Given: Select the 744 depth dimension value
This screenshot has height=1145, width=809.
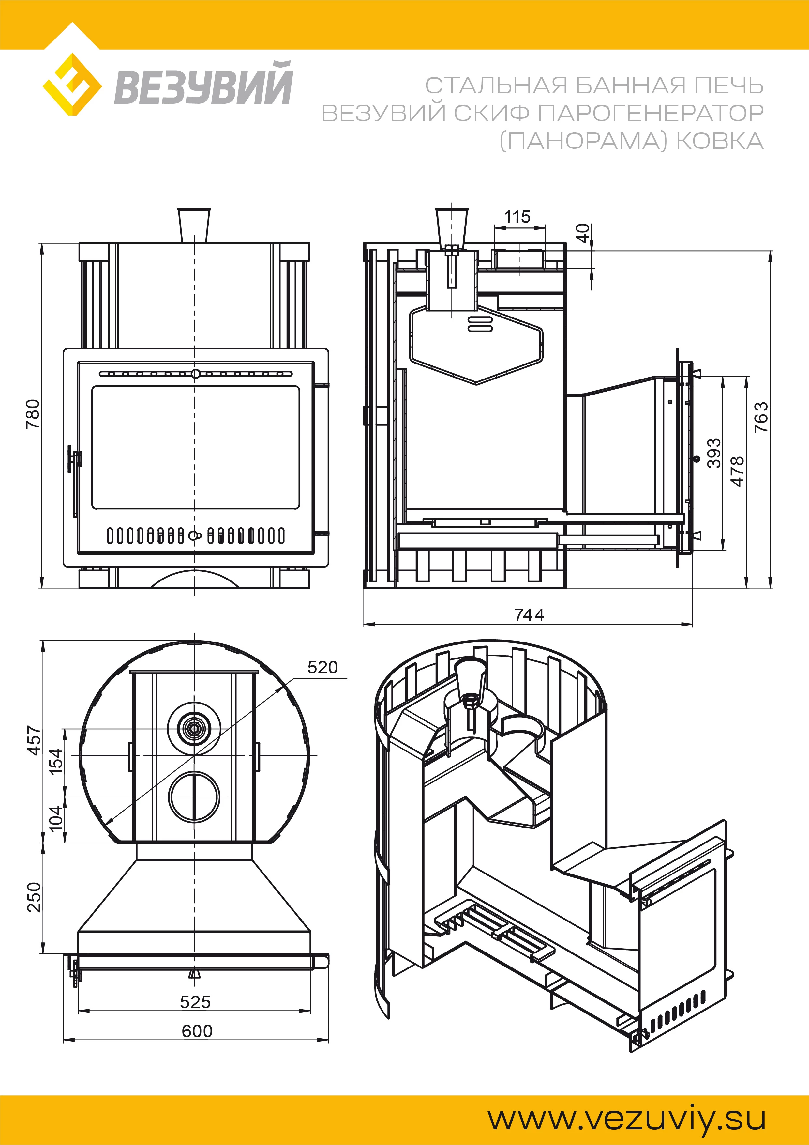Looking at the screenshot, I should (x=529, y=615).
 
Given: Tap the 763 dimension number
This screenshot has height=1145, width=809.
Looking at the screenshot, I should (x=761, y=417).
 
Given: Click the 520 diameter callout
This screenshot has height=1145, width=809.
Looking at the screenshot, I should (x=322, y=667).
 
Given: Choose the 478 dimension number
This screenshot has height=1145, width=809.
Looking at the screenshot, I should (x=737, y=471).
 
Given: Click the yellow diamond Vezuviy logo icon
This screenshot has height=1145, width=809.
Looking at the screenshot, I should (x=72, y=84).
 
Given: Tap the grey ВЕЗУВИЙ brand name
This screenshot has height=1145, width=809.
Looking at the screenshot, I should (x=203, y=84).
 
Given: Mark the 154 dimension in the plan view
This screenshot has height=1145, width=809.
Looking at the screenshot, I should (x=56, y=761).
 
